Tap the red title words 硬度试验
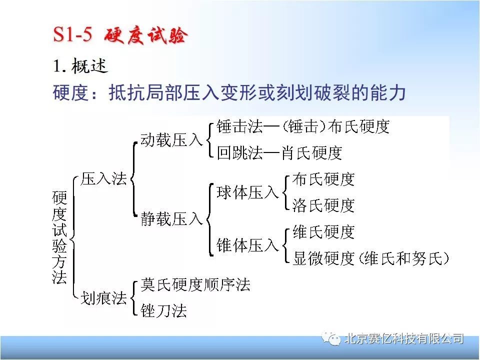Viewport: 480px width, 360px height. pos(145,35)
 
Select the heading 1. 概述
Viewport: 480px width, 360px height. pos(80,66)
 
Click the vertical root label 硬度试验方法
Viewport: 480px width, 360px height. pos(59,237)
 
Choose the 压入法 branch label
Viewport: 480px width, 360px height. pos(103,179)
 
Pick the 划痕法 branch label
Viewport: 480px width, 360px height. pos(103,297)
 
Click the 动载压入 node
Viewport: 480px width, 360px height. pos(171,140)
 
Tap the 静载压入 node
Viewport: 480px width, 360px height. pos(171,219)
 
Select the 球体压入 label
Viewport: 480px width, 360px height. pos(247,192)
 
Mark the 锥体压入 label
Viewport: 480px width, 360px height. pos(247,245)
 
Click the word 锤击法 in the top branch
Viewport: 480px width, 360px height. pos(239,126)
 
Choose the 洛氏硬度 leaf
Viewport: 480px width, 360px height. pos(323,205)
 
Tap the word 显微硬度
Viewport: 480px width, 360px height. pos(323,258)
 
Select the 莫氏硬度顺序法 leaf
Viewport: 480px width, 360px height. pos(195,284)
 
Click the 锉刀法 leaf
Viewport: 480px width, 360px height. pos(164,310)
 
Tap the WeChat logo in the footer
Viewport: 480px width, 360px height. pos(331,339)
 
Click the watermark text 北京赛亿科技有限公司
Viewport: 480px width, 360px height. pos(404,339)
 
